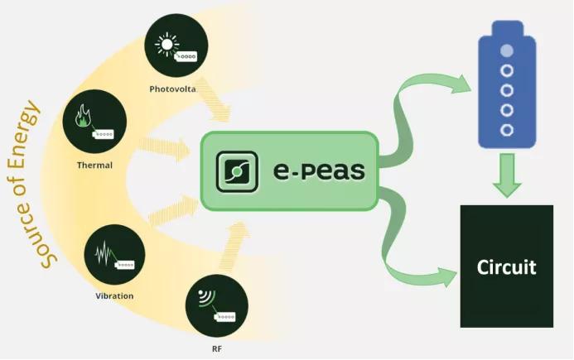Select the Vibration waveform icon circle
pos(114,254)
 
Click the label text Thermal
pos(94,165)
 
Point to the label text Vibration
pos(114,295)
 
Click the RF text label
pos(217,348)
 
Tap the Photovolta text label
pos(172,89)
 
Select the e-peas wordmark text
pos(319,171)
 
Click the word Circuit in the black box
pos(506,267)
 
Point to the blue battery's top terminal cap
pos(507,27)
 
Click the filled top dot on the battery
pos(507,51)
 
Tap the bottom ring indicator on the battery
pos(507,129)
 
